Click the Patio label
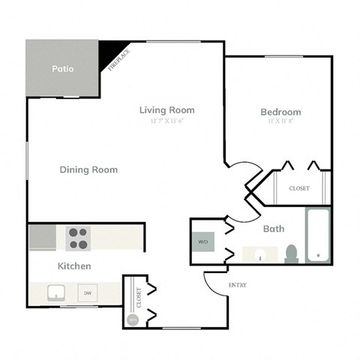62,69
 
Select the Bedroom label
280,112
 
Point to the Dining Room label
88,169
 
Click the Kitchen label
74,266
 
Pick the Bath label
273,229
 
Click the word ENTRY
237,285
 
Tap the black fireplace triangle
112,53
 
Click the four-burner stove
78,238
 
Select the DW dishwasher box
88,293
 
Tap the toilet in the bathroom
292,253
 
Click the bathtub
318,236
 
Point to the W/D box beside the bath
202,242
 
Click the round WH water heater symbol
133,319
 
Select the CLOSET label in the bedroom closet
298,188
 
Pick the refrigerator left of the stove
43,239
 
